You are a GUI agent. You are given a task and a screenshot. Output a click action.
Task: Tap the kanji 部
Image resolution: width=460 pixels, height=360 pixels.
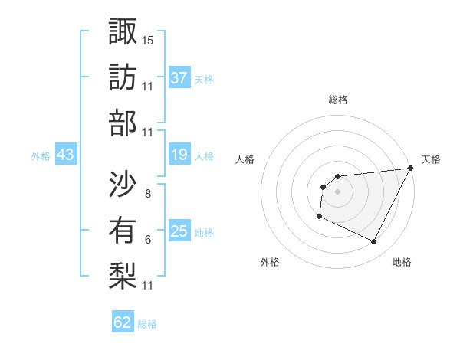(x=123, y=123)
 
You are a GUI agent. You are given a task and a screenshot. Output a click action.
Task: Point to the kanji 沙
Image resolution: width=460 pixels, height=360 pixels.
(x=123, y=185)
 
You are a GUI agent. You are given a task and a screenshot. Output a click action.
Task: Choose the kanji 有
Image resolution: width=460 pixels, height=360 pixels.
(x=123, y=230)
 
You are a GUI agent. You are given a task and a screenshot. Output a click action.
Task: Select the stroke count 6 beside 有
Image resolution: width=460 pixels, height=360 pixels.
(x=147, y=240)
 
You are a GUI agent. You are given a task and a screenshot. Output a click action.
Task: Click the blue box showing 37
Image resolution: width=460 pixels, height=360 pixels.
(x=179, y=77)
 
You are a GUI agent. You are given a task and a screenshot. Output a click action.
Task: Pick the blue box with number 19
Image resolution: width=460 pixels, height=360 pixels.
(x=179, y=155)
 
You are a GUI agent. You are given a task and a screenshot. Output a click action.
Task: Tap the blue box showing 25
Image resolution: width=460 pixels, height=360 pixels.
(x=179, y=232)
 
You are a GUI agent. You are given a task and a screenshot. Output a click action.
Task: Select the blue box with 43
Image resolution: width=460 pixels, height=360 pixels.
(x=65, y=155)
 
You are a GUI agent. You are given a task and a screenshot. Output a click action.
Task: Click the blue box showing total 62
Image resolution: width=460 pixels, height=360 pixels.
(x=123, y=322)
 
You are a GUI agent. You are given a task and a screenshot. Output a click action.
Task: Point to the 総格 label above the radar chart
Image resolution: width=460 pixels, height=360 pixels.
(x=338, y=100)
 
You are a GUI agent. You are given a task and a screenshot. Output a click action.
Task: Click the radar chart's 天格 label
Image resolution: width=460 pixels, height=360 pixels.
(x=431, y=159)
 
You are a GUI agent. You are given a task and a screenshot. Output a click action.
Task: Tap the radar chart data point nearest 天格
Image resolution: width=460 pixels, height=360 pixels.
(x=411, y=168)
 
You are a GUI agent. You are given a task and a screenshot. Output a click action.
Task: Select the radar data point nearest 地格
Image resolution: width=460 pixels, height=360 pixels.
(x=374, y=242)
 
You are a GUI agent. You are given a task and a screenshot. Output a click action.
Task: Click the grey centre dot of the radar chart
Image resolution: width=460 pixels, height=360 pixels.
(x=337, y=191)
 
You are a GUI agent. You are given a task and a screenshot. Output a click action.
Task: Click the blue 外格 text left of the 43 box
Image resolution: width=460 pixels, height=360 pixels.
(x=41, y=156)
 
